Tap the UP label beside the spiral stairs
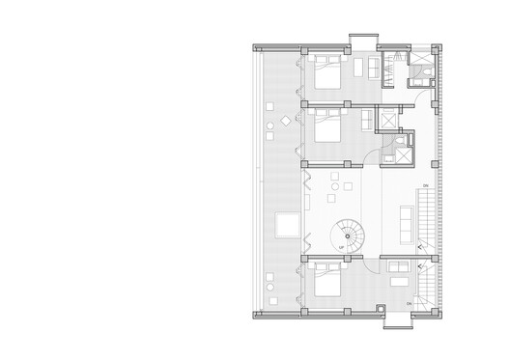(x=341, y=249)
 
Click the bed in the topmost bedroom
(x=326, y=74)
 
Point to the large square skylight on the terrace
(x=287, y=226)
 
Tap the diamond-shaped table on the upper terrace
(x=286, y=123)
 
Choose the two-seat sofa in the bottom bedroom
(x=398, y=277)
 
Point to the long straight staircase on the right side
(x=425, y=217)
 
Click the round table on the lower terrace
(x=269, y=286)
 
